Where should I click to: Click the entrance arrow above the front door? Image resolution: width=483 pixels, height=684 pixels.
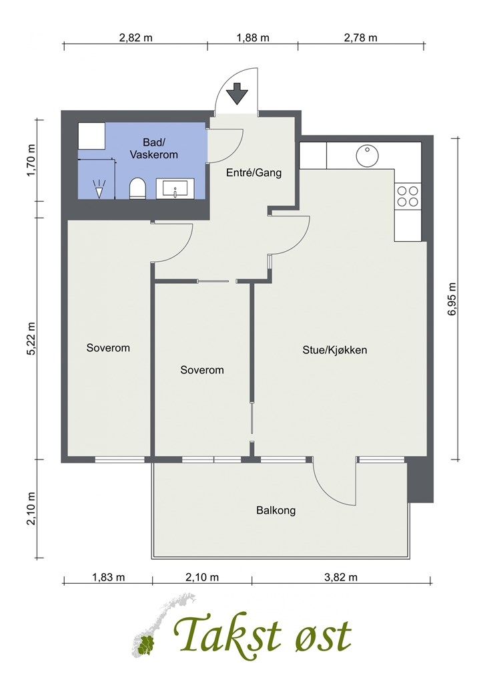(237, 94)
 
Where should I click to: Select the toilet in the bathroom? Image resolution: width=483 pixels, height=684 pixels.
(137, 188)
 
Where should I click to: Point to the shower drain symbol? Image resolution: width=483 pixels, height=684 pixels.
(100, 188)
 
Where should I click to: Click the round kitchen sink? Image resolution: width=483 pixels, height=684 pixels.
(367, 156)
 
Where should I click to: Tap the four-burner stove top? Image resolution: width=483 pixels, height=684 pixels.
(408, 196)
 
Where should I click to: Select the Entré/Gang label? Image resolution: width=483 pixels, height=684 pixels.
(254, 173)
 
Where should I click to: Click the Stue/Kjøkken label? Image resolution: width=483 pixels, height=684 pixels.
(335, 350)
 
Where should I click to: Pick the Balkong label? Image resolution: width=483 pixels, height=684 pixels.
(276, 510)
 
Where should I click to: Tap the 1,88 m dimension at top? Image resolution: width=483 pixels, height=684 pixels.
(253, 38)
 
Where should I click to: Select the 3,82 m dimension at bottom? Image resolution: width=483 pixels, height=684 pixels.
(341, 577)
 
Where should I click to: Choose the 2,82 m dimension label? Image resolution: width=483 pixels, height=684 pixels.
(136, 38)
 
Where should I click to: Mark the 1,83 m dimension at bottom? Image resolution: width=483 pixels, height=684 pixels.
(109, 577)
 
